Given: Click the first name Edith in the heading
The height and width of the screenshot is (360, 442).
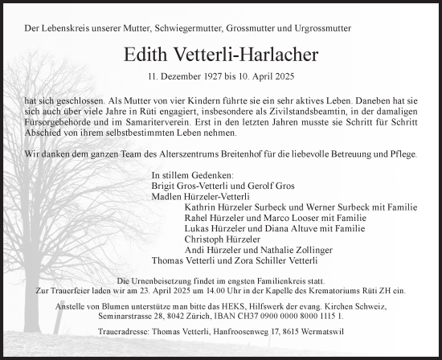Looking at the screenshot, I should tap(146, 55).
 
